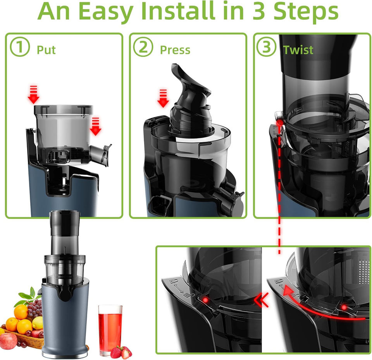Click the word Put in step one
coord(46,50)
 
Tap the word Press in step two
coord(175,50)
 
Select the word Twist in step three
coord(298,50)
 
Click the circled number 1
coord(20,47)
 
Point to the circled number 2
coord(143,47)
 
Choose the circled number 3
coord(267,47)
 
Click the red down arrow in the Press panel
coord(163,98)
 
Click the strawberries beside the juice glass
coord(121,352)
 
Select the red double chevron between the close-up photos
coord(262,300)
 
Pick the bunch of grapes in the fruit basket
coord(34,308)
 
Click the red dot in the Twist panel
coord(281,122)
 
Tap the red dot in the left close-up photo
coord(205,300)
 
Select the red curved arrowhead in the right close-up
coord(288,291)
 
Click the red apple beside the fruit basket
coord(8,341)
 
